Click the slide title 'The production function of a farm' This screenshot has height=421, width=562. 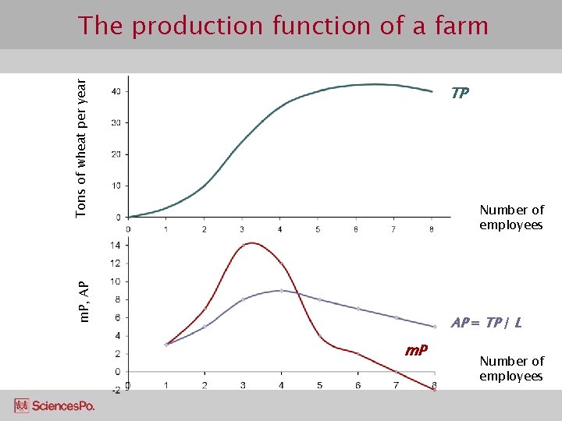(283, 26)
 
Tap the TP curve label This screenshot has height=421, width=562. (460, 93)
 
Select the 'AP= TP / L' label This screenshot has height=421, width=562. (486, 322)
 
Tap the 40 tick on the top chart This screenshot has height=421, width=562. (115, 91)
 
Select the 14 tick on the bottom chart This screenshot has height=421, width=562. (115, 245)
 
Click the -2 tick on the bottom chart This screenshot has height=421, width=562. (115, 389)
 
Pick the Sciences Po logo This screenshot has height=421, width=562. (54, 405)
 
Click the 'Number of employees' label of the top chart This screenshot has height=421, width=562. (511, 218)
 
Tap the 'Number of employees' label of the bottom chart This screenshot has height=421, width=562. (511, 369)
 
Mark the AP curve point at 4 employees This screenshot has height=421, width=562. (281, 290)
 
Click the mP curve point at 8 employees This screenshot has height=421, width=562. (433, 389)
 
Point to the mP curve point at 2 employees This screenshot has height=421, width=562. (205, 308)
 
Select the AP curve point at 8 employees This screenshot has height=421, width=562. (433, 326)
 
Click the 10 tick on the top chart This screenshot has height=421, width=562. (115, 186)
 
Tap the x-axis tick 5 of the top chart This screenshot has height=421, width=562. (318, 229)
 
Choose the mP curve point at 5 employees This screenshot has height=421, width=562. (319, 336)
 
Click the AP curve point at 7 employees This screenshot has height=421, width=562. (396, 317)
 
